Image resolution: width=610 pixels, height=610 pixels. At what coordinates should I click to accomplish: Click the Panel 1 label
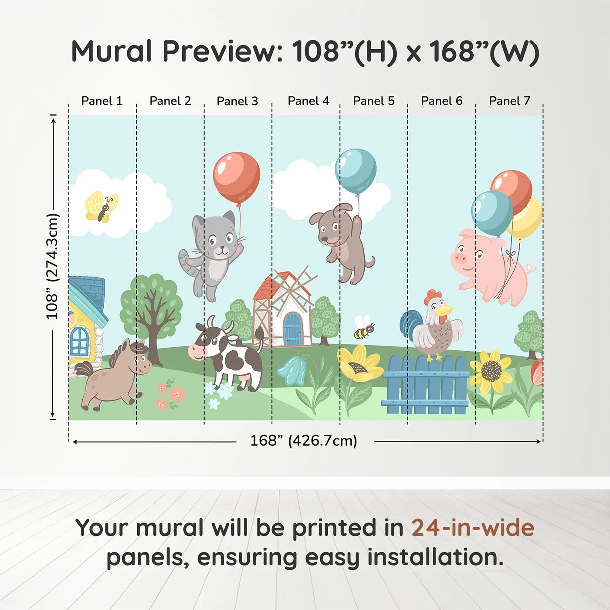click(102, 101)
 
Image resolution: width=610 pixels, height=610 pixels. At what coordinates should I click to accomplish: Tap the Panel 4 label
click(308, 101)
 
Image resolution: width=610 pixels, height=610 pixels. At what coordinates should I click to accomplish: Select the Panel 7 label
click(509, 101)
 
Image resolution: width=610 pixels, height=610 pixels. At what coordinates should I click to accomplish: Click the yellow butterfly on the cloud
click(102, 207)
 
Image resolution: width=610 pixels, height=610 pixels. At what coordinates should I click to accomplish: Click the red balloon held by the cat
click(237, 178)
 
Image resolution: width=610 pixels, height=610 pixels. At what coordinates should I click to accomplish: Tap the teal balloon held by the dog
click(356, 171)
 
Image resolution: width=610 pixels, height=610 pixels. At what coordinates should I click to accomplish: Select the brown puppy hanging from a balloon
click(342, 242)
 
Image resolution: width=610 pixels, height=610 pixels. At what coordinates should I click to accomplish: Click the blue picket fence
click(426, 386)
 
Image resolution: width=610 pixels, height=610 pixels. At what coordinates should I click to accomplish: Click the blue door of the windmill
click(292, 329)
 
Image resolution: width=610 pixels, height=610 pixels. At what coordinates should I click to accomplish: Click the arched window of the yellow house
click(80, 341)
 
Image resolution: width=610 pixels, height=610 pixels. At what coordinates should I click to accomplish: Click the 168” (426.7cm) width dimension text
click(304, 441)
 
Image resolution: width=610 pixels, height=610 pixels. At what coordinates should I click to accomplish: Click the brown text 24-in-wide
click(473, 528)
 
